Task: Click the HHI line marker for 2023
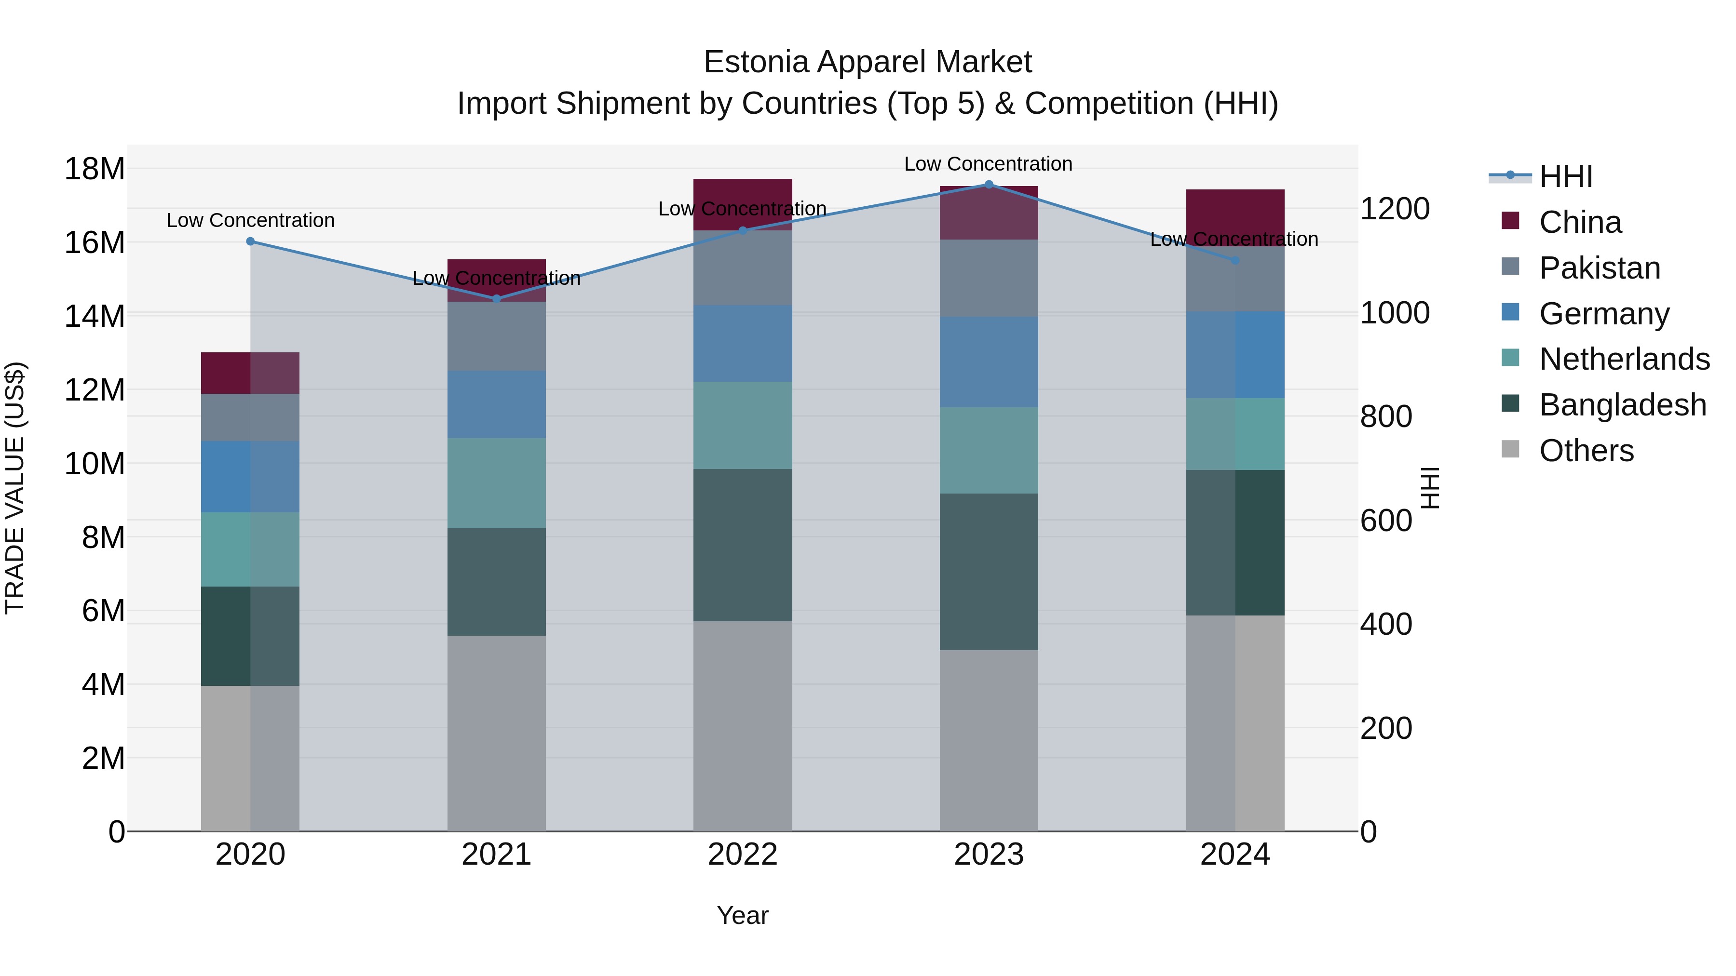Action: (x=989, y=185)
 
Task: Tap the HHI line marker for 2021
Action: (x=497, y=299)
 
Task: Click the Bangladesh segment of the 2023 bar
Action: (x=989, y=571)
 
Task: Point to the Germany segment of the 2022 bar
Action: (x=743, y=344)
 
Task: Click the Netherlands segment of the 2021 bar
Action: (x=497, y=483)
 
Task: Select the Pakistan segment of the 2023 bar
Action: (x=989, y=278)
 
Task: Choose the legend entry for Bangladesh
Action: (x=1622, y=405)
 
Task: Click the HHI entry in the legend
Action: (x=1565, y=176)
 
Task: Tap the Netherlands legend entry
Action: (x=1624, y=359)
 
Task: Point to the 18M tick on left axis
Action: (x=95, y=168)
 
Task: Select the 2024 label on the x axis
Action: (x=1234, y=855)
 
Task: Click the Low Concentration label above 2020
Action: (x=251, y=220)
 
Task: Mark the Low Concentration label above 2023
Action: (x=988, y=164)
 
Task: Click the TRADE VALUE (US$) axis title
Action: (x=15, y=488)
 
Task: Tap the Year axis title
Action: (x=743, y=915)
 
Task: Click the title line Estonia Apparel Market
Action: (x=868, y=62)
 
